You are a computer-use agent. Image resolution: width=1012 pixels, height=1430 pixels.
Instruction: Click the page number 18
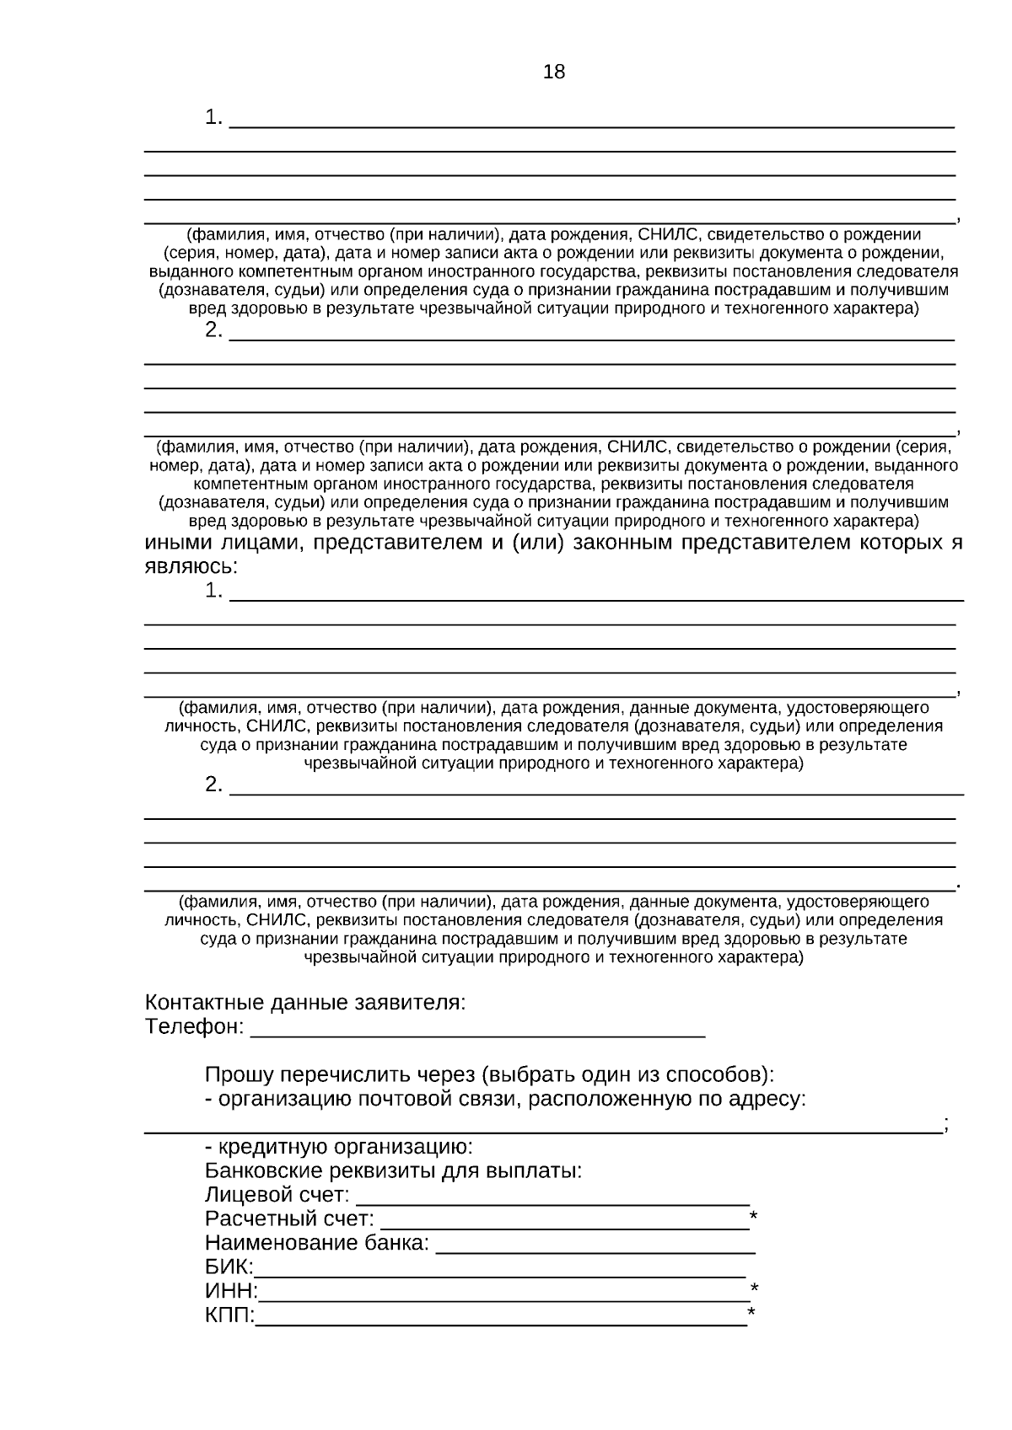554,72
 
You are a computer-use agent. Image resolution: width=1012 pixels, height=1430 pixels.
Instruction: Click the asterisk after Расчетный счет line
753,1217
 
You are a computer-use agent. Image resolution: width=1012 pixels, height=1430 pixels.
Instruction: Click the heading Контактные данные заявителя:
305,1003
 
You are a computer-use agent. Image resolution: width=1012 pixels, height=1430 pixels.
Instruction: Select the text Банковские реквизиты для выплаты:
393,1171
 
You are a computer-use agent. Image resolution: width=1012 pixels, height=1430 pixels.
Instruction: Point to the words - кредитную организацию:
339,1147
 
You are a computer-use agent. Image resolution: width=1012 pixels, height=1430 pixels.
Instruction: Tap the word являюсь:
191,566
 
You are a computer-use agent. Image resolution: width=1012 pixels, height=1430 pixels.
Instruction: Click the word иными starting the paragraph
178,543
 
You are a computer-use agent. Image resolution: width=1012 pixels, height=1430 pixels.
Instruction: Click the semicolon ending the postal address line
947,1124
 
